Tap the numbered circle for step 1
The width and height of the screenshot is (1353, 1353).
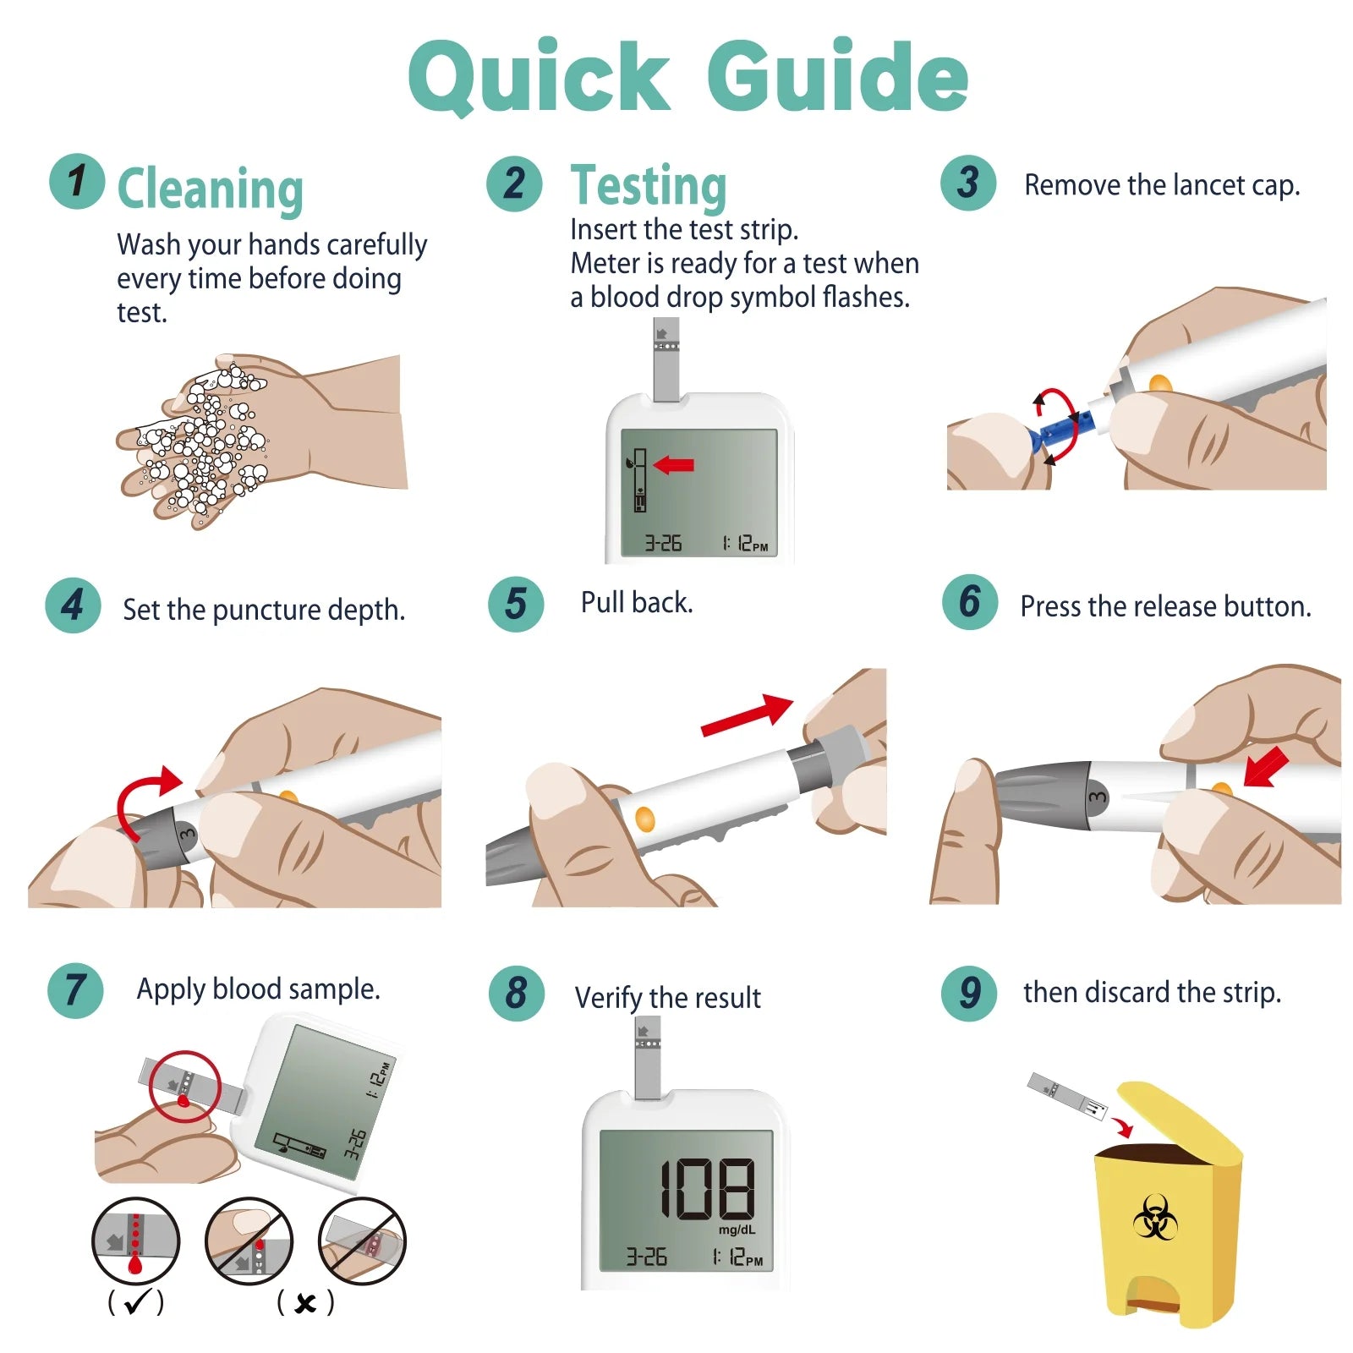(77, 181)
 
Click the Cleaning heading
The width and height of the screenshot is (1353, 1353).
(210, 189)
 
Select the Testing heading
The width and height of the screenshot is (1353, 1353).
(649, 186)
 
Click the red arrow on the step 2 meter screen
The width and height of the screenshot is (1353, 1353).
(674, 464)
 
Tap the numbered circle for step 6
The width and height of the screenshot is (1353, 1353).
(969, 602)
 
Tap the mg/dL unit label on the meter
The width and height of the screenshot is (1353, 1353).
(737, 1230)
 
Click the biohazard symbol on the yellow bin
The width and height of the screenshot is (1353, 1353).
(1154, 1218)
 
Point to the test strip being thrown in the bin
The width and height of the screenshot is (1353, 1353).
(1067, 1096)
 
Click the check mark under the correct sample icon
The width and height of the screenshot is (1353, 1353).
(136, 1302)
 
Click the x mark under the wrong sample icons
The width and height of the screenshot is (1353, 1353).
(305, 1303)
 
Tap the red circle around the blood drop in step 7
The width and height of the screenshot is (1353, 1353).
(185, 1087)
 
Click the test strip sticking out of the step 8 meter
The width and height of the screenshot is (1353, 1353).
(647, 1057)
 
